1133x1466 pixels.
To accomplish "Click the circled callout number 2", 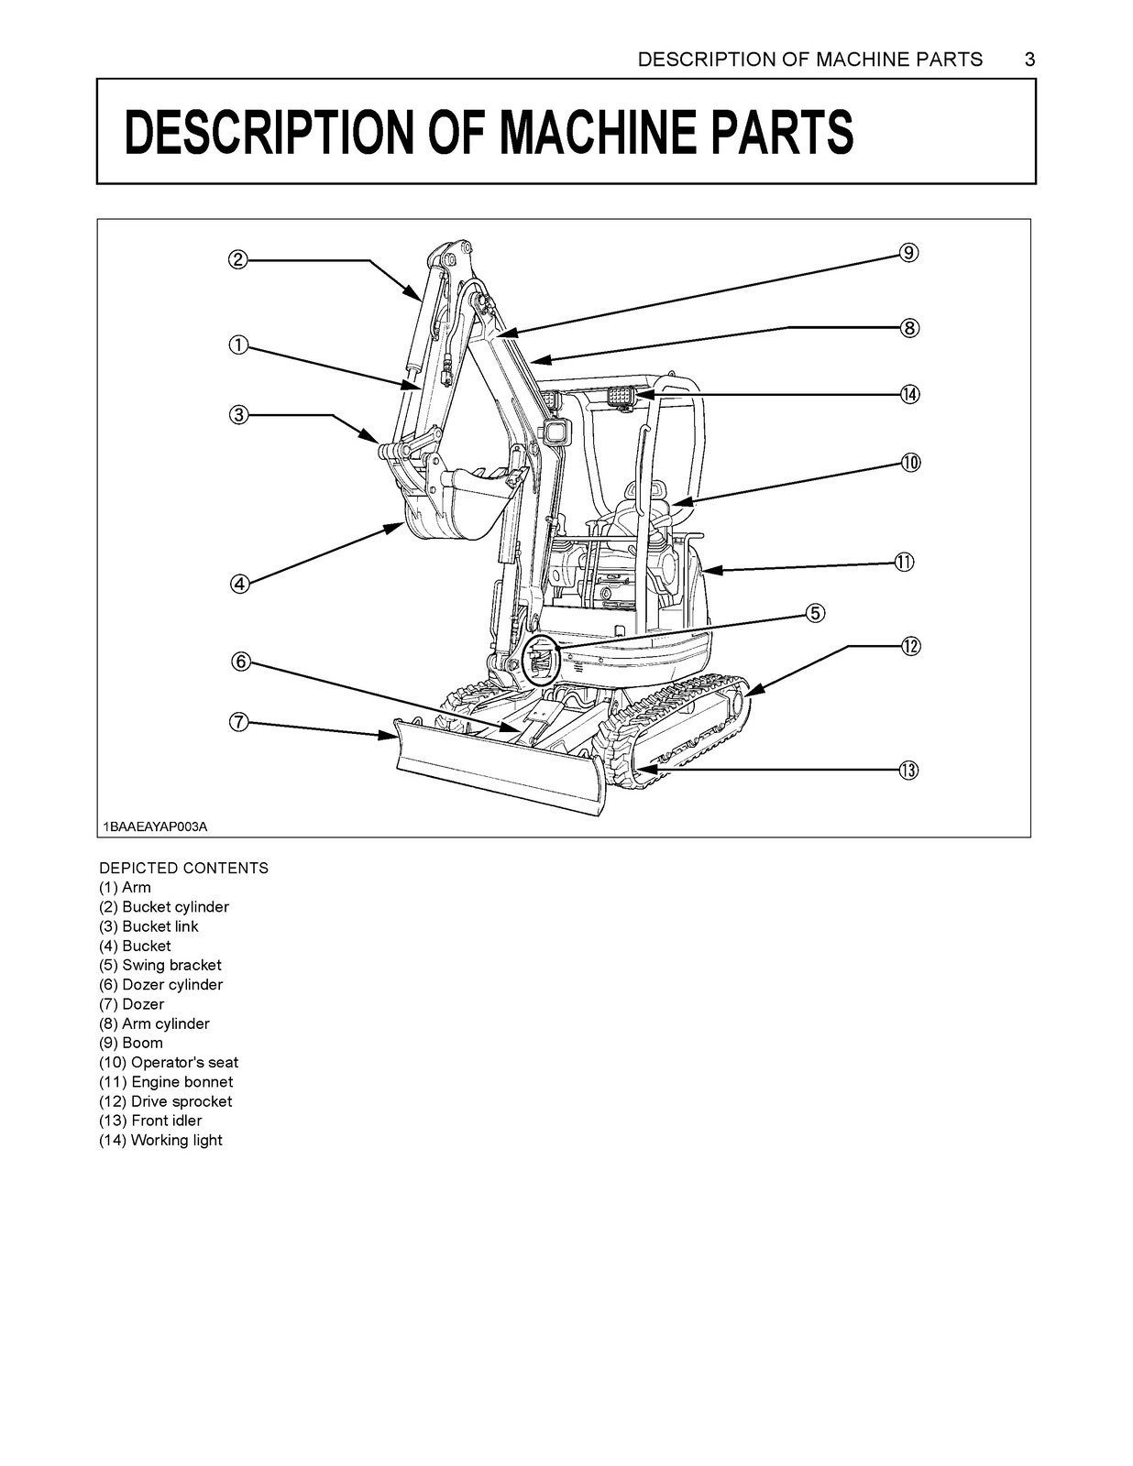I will (237, 259).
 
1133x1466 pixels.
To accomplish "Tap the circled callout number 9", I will (908, 253).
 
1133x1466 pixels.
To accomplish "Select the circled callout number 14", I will (908, 394).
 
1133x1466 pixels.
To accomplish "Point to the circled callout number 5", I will (816, 613).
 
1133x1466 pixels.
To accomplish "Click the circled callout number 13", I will (907, 771).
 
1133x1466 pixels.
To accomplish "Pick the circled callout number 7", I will (237, 722).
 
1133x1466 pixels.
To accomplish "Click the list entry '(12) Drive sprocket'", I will (165, 1101).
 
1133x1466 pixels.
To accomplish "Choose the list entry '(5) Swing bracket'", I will (159, 965).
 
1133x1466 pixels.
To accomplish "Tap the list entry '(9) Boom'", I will (131, 1043).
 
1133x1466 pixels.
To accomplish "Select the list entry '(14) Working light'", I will (160, 1140).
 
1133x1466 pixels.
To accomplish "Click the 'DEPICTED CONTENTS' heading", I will (183, 868).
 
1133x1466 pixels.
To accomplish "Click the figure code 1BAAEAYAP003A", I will (156, 826).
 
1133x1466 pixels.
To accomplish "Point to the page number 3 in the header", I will (1029, 60).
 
